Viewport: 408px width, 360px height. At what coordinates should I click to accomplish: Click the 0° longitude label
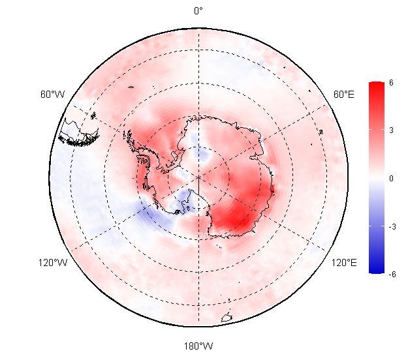[x=198, y=11]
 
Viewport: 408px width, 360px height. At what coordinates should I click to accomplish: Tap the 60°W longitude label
[x=53, y=95]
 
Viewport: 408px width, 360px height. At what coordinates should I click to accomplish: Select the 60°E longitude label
[x=344, y=95]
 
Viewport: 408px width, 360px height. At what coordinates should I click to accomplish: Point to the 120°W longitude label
[x=53, y=263]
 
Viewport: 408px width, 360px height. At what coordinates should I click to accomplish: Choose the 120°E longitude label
[x=344, y=263]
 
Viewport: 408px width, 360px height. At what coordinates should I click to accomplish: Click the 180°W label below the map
[x=198, y=346]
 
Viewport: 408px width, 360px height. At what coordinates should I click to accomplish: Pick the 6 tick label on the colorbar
[x=391, y=82]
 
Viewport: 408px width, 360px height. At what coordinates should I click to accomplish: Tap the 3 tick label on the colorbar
[x=391, y=130]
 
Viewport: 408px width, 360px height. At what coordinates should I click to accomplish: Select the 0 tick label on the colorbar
[x=391, y=178]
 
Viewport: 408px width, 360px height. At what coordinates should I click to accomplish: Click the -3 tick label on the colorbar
[x=392, y=227]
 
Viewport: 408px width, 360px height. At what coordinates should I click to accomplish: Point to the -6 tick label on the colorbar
[x=392, y=274]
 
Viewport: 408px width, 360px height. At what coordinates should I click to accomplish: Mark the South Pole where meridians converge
[x=199, y=177]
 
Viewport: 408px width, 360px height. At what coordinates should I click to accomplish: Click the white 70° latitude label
[x=204, y=235]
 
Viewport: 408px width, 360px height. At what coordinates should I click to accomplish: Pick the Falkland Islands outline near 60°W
[x=93, y=115]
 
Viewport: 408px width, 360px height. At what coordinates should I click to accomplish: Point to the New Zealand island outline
[x=227, y=318]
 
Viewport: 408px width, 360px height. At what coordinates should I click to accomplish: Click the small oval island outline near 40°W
[x=131, y=87]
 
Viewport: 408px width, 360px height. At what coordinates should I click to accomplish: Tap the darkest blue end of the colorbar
[x=377, y=271]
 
